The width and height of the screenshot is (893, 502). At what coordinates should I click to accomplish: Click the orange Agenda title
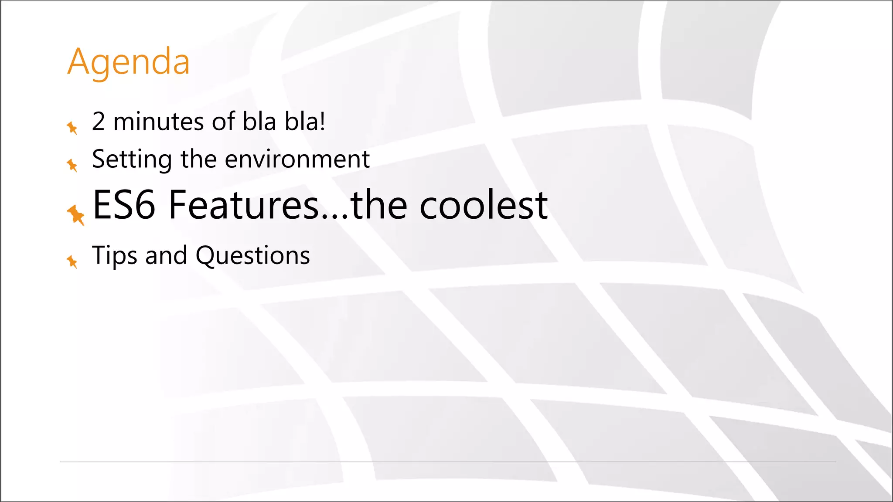(129, 62)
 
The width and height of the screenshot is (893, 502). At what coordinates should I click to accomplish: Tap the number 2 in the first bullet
(99, 122)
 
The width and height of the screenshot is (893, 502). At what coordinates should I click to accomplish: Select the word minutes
(158, 122)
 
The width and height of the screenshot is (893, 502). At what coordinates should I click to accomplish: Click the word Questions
(253, 256)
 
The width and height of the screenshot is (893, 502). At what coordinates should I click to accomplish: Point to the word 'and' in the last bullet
(166, 256)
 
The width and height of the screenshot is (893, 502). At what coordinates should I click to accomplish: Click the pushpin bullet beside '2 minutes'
(72, 128)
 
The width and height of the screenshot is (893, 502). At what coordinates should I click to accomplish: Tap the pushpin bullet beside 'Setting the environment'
(72, 165)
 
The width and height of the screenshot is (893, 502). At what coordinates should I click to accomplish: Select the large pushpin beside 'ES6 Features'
(76, 215)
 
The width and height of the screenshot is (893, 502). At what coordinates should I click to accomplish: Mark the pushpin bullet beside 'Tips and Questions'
(72, 261)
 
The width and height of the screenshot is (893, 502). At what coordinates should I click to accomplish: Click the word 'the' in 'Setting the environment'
(198, 159)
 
